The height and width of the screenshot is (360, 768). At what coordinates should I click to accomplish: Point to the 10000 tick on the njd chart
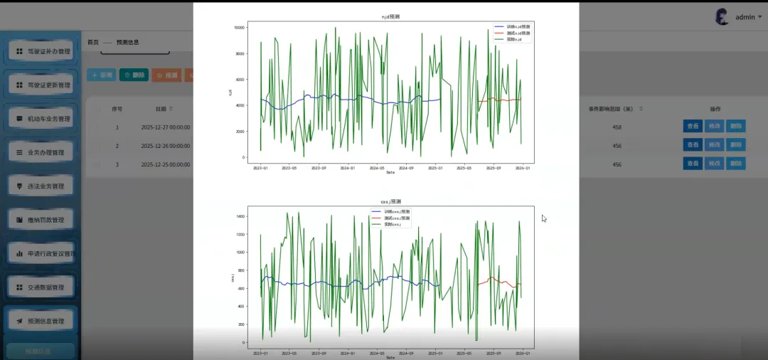[240, 27]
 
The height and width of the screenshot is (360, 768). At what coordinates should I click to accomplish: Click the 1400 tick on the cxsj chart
[241, 216]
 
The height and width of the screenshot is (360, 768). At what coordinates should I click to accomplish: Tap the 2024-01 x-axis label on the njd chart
[348, 169]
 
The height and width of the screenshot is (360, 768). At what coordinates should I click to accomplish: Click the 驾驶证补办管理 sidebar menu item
[43, 51]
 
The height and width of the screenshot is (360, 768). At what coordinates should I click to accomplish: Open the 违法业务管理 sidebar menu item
[43, 186]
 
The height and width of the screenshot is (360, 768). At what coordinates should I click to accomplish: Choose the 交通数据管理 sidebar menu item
[43, 287]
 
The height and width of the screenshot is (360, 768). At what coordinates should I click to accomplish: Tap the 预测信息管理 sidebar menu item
[43, 321]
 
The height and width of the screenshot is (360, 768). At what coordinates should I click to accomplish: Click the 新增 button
[101, 75]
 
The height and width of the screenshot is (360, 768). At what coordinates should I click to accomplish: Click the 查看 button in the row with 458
[692, 126]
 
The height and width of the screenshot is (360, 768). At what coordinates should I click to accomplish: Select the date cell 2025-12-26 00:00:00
[165, 145]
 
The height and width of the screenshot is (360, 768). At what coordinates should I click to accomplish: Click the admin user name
[745, 17]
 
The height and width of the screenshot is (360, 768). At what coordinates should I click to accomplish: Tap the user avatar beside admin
[722, 17]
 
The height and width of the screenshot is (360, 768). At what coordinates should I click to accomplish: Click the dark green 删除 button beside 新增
[134, 75]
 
